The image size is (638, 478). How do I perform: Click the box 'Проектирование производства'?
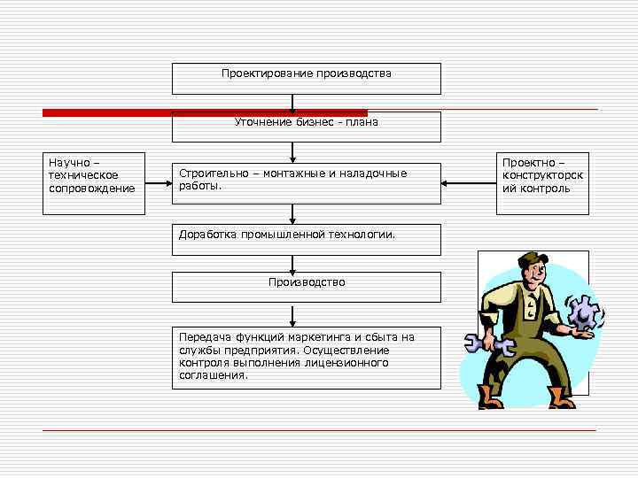click(x=306, y=78)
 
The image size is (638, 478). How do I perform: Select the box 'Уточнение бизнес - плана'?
click(x=306, y=127)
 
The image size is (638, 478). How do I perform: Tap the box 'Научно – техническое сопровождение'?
click(x=93, y=184)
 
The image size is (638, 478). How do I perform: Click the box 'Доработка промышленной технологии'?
click(x=306, y=240)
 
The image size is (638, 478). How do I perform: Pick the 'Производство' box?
click(x=306, y=288)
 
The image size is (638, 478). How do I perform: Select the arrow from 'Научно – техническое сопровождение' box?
click(x=158, y=184)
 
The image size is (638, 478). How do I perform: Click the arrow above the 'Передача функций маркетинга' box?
click(x=293, y=316)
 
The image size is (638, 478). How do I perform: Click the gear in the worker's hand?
click(x=584, y=312)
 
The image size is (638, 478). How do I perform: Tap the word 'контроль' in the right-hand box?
click(x=548, y=189)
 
